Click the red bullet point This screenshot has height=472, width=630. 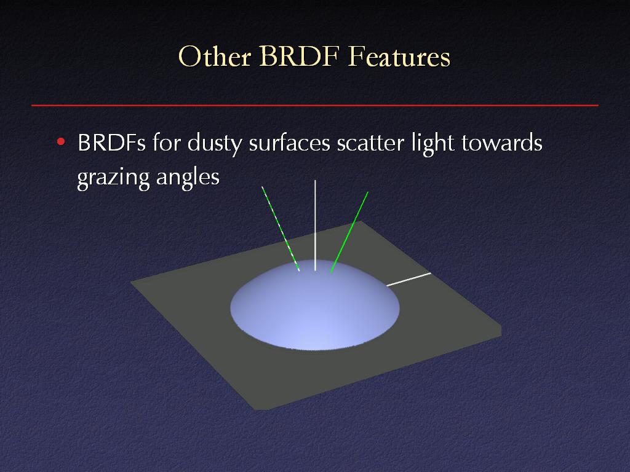tap(61, 141)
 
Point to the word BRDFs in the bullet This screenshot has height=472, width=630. tap(111, 143)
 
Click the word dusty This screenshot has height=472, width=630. tap(215, 144)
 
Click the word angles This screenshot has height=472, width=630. tap(188, 178)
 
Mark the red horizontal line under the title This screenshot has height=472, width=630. tap(315, 106)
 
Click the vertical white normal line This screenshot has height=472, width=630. tap(315, 225)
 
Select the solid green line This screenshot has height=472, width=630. tap(349, 232)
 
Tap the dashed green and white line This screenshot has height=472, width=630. tap(281, 229)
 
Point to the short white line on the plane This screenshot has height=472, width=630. tap(409, 280)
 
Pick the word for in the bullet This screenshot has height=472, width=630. tap(166, 142)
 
